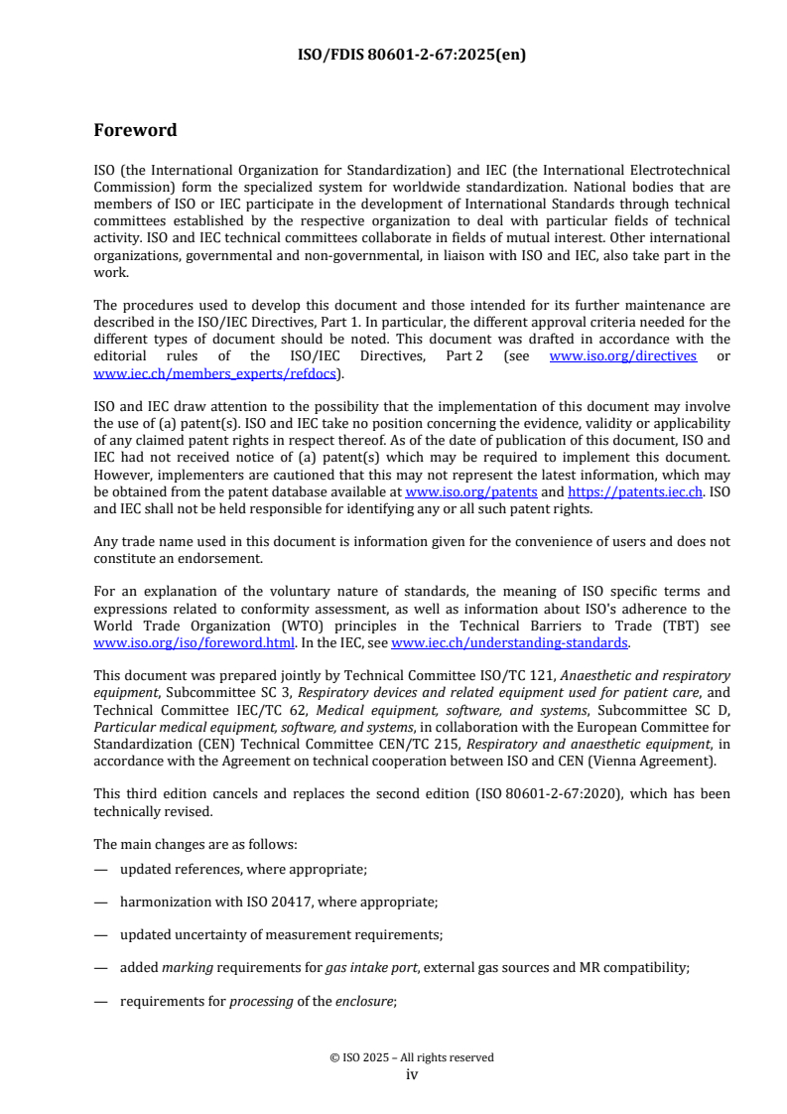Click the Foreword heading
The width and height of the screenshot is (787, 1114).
click(x=135, y=130)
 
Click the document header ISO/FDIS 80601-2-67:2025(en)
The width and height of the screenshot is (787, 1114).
click(x=412, y=55)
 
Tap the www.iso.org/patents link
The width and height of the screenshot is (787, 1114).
click(x=471, y=491)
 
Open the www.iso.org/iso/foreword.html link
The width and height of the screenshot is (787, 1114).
click(x=194, y=642)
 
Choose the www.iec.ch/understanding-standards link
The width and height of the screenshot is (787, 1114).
click(x=510, y=642)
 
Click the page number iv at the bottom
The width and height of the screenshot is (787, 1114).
click(x=412, y=1074)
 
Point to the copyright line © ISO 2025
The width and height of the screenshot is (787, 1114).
click(x=412, y=1057)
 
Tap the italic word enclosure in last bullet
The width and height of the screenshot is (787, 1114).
click(x=366, y=1002)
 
